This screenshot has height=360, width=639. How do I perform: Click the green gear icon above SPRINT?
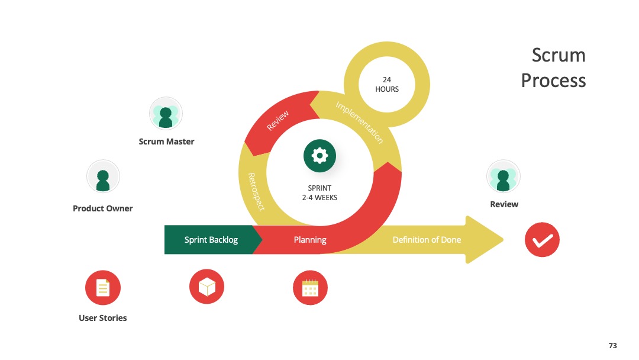(x=319, y=156)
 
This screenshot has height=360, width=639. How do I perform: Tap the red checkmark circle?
(x=542, y=240)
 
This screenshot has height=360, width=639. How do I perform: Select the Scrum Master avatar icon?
(x=166, y=114)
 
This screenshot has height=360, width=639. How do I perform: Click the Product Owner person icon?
(x=103, y=176)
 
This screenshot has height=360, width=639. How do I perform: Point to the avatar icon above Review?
(x=504, y=176)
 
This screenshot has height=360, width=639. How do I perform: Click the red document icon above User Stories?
(x=103, y=287)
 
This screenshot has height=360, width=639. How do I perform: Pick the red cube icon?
(x=206, y=287)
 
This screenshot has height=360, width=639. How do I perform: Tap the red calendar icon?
(x=310, y=287)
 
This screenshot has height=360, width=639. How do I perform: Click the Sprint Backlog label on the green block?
(x=211, y=240)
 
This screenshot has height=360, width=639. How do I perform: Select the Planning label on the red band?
(x=310, y=240)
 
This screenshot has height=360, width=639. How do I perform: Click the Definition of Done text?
(x=427, y=240)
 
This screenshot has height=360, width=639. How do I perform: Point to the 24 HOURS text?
(x=387, y=85)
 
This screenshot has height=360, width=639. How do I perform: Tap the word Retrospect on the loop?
(x=256, y=192)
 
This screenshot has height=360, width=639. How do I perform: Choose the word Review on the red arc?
(x=277, y=120)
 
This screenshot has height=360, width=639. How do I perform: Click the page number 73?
(x=612, y=345)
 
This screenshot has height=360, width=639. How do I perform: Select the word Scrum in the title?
(x=559, y=55)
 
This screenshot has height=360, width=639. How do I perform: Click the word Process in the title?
(x=553, y=81)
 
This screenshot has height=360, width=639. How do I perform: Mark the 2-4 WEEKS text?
(x=319, y=198)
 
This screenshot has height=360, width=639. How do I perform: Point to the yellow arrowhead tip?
(x=504, y=240)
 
